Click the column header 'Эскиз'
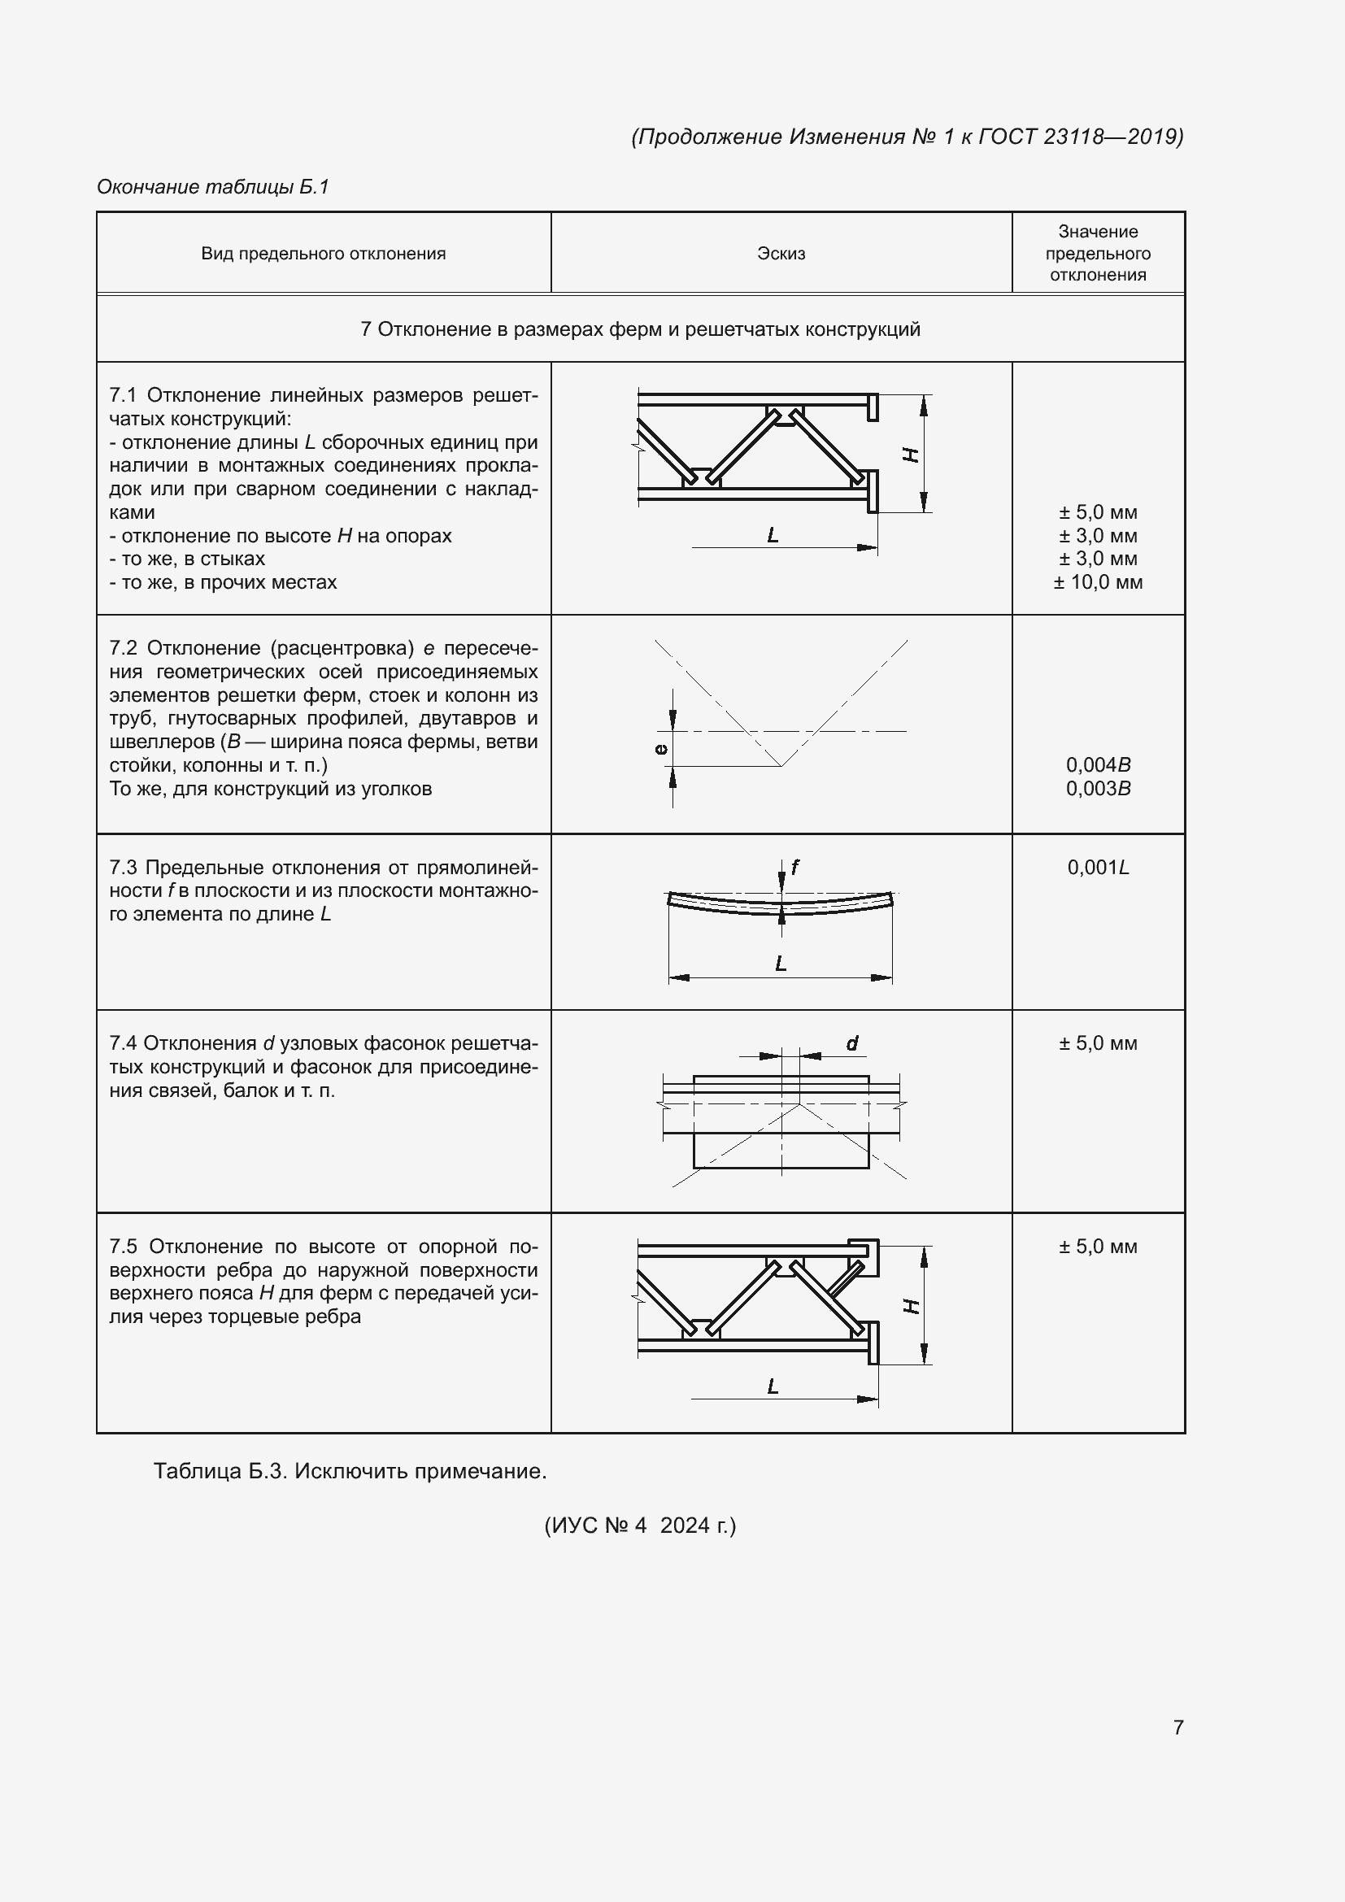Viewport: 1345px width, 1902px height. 780,254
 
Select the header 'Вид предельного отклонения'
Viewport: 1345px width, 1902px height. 323,254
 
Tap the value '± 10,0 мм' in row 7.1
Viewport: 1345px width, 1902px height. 1097,581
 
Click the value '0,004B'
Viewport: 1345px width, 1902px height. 1097,764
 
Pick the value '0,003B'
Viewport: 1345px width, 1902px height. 1097,788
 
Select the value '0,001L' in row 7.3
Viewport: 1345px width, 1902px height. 1097,868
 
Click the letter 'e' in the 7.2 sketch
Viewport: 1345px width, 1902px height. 660,749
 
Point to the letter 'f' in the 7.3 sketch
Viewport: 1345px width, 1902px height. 794,867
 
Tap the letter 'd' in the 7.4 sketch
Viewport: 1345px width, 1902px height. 851,1043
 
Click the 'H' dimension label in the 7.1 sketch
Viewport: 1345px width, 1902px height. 910,454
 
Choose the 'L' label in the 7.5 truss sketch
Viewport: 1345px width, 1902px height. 773,1386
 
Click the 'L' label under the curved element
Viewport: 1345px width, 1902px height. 780,964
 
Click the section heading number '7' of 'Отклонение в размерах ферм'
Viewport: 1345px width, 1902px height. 366,329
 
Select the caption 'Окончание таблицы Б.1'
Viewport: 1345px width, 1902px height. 213,186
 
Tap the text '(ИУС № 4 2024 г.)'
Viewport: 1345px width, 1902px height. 639,1525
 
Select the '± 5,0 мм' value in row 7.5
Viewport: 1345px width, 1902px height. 1097,1247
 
